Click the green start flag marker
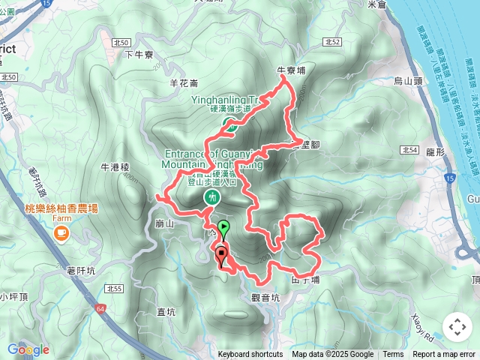(x=223, y=227)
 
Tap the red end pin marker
(x=222, y=255)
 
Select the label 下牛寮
(x=139, y=55)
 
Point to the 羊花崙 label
(x=184, y=83)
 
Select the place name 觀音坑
(x=265, y=297)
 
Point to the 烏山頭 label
(x=408, y=80)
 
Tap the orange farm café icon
(x=59, y=234)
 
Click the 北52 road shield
(x=334, y=42)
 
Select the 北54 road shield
(x=409, y=150)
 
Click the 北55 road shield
(x=114, y=288)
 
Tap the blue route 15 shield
(x=448, y=178)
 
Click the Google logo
(x=28, y=349)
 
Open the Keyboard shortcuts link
(x=250, y=355)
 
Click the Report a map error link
(x=444, y=355)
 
